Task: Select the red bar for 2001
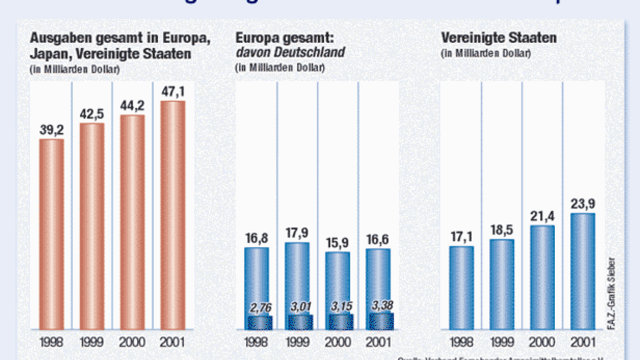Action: click(173, 216)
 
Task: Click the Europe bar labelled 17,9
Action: click(297, 279)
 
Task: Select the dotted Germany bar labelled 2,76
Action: click(260, 322)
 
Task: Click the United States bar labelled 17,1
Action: click(461, 288)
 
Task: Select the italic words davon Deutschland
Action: click(290, 52)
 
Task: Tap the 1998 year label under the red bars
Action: click(52, 342)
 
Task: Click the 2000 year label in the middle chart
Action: click(339, 342)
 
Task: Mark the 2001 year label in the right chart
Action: click(583, 342)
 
